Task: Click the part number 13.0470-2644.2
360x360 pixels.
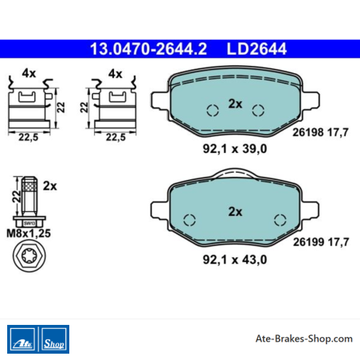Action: click(148, 49)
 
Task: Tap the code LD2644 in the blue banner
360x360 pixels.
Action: click(256, 49)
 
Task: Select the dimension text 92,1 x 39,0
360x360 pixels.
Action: click(235, 149)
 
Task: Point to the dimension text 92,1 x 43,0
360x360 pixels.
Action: click(235, 260)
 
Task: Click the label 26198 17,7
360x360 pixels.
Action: click(320, 132)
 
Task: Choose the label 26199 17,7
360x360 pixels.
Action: click(321, 242)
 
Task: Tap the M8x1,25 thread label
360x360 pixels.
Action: click(29, 233)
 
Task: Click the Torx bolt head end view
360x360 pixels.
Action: click(29, 256)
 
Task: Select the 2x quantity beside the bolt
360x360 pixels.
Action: click(50, 186)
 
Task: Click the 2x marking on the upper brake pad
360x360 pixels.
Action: click(235, 104)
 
